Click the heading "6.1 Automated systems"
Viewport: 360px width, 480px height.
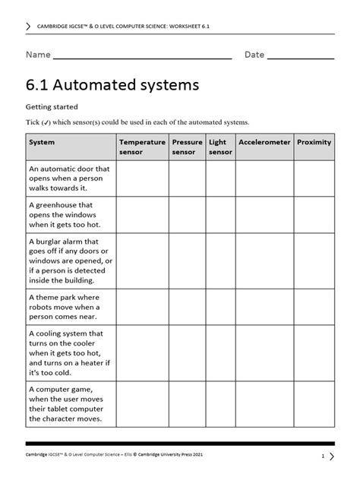pos(112,84)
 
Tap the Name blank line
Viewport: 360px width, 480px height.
pos(142,56)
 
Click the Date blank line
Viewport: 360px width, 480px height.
pos(301,56)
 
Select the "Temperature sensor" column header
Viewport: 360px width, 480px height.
pos(141,147)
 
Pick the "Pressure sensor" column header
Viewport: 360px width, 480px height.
pos(187,147)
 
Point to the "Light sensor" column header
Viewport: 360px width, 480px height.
pos(220,147)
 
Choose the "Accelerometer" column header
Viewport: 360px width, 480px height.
pos(264,142)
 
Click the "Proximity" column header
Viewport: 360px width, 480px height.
pos(314,142)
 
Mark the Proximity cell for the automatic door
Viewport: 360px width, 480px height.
pos(314,178)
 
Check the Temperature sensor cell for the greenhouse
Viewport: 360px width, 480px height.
pos(141,215)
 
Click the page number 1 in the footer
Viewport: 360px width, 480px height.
pos(323,456)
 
